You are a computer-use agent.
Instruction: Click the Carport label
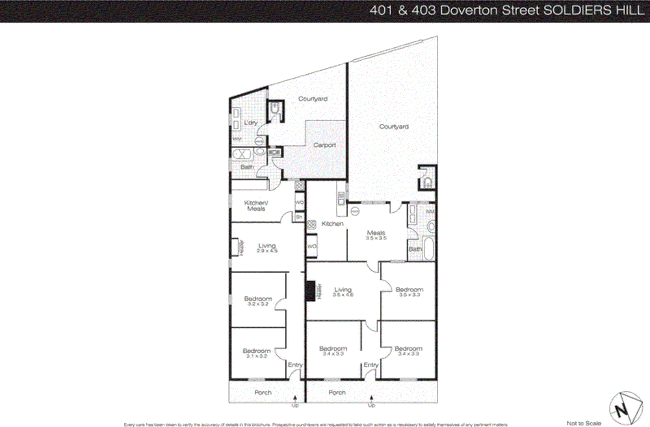tap(324, 145)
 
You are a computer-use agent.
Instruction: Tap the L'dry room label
tap(251, 123)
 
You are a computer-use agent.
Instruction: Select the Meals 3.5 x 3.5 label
tap(376, 235)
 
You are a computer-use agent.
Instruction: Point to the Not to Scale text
tap(584, 423)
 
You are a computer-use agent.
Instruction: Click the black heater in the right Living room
tap(310, 291)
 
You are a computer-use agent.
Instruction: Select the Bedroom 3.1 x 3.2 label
tap(256, 353)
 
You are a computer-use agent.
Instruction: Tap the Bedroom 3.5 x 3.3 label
tap(409, 291)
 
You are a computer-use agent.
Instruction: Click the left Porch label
tap(263, 392)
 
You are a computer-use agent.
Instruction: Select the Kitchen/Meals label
tap(256, 205)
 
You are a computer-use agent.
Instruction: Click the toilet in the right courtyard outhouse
tap(427, 182)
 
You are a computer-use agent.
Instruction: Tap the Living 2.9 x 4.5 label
tap(267, 248)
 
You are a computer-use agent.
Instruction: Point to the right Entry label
tap(371, 365)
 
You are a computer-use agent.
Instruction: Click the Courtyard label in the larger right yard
tap(394, 127)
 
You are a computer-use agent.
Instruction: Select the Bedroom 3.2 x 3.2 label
tap(258, 301)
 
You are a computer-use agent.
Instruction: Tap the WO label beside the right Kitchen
tap(312, 246)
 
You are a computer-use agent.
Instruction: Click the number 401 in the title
tap(381, 10)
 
